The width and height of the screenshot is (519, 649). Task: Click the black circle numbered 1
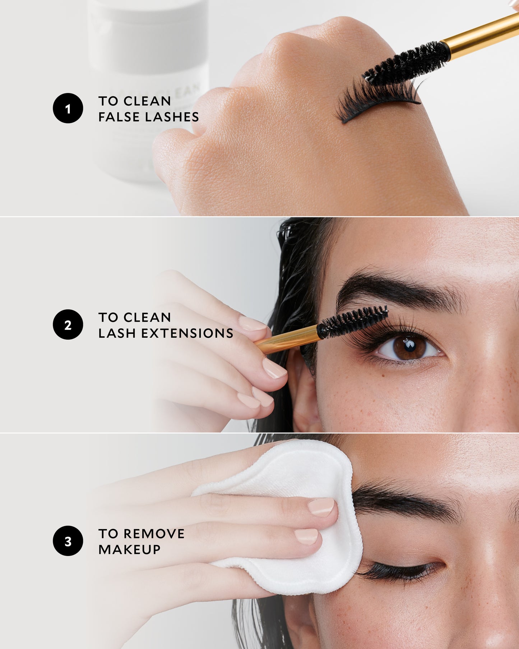(x=68, y=108)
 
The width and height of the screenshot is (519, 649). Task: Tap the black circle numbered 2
(x=68, y=324)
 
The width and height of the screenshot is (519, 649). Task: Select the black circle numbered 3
(x=68, y=541)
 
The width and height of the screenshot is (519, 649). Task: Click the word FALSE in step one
(x=115, y=117)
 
